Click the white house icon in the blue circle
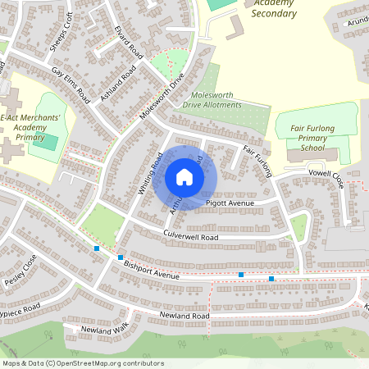pos(184,176)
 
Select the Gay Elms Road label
pos(71,84)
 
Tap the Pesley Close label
pos(20,271)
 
